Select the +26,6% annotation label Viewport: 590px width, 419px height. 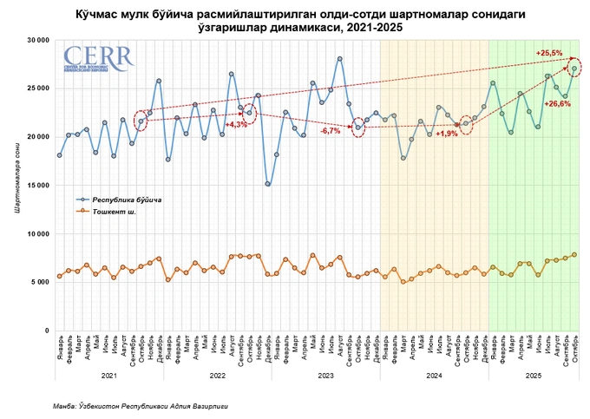[556, 103]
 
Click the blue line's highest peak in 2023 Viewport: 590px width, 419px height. [340, 59]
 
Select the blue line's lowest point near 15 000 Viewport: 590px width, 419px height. [268, 184]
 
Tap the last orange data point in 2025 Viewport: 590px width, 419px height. [574, 254]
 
